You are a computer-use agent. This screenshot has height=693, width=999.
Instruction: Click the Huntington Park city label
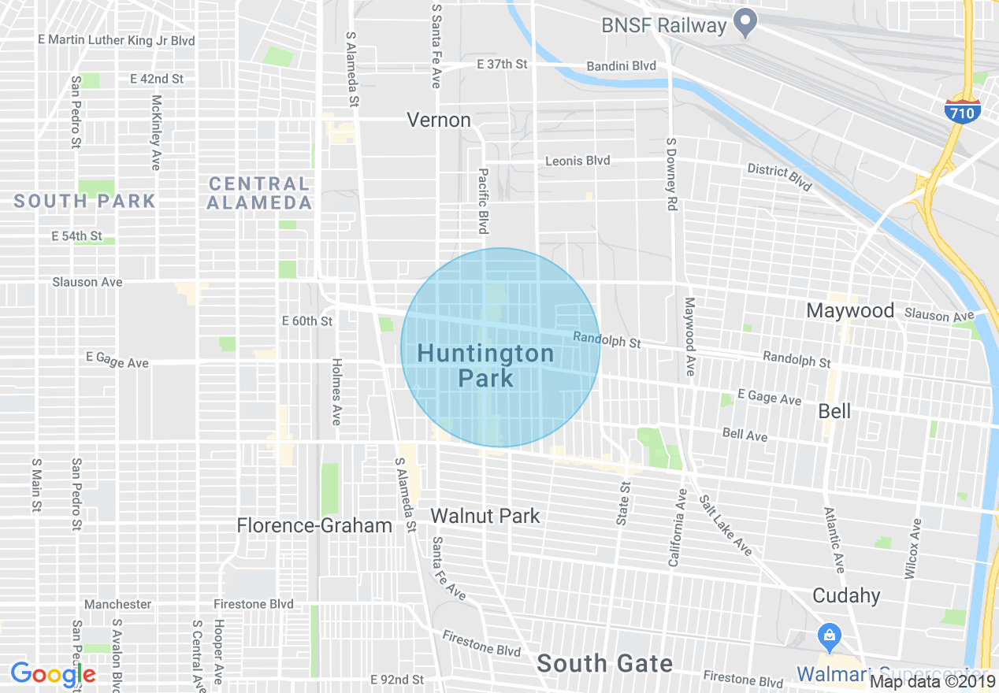click(485, 365)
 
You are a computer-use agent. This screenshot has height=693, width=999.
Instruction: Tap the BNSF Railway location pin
click(745, 23)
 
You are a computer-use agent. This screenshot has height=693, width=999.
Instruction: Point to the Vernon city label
click(439, 120)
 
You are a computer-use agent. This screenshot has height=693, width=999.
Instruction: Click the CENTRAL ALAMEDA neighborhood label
click(259, 193)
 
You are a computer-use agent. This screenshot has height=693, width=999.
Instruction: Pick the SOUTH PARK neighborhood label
click(84, 201)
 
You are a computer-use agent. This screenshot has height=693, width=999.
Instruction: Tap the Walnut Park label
click(485, 516)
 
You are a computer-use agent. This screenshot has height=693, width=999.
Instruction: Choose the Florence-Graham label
click(314, 525)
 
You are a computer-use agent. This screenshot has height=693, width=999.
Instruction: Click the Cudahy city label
click(846, 595)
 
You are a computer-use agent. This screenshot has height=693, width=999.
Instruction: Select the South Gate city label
click(604, 664)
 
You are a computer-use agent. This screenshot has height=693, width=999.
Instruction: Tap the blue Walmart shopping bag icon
click(828, 634)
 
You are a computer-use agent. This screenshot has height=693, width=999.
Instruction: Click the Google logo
click(53, 674)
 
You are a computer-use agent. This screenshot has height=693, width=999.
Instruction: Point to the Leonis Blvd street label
click(577, 161)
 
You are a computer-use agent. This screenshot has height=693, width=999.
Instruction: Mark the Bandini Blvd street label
click(622, 65)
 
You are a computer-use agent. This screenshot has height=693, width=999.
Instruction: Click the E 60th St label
click(307, 321)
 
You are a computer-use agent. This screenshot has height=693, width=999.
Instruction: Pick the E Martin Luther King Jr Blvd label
click(116, 40)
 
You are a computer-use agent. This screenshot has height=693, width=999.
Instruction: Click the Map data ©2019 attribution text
click(933, 681)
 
